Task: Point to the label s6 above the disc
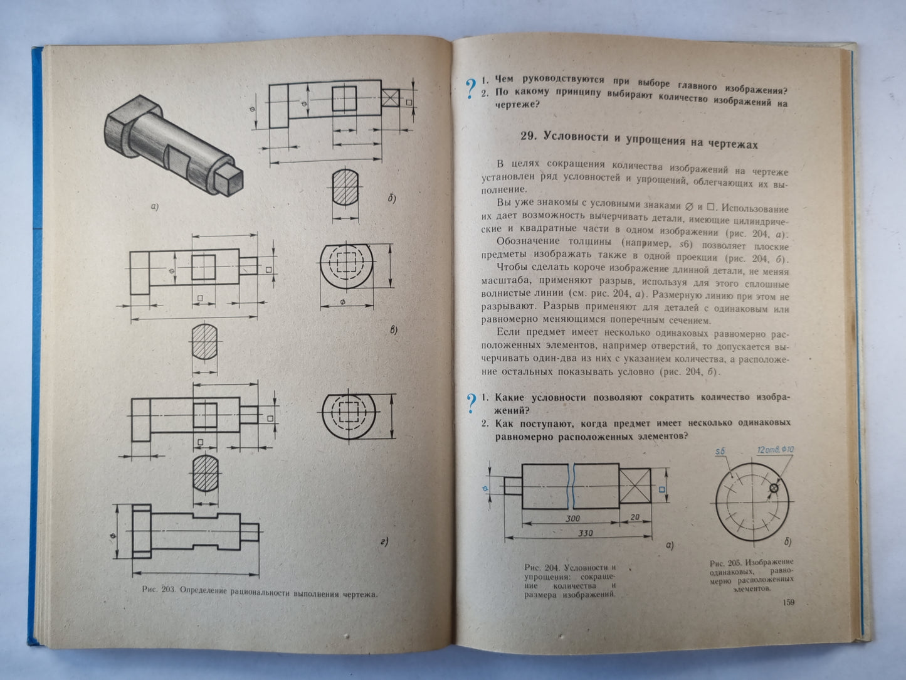click(x=720, y=452)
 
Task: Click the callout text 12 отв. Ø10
click(x=776, y=450)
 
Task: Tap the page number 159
click(x=789, y=603)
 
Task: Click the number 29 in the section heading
click(x=530, y=136)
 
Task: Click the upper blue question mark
click(x=469, y=89)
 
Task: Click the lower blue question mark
click(x=470, y=405)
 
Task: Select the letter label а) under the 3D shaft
click(x=154, y=206)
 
